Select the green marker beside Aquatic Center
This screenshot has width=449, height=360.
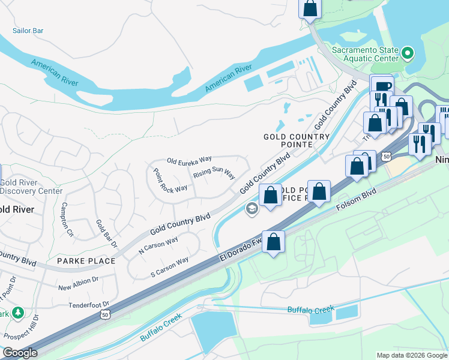point(408,54)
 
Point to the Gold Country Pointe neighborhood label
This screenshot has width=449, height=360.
point(297,140)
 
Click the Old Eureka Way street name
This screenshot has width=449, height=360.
point(190,160)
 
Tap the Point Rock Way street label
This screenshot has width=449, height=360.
point(170,179)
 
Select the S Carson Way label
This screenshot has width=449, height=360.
point(170,268)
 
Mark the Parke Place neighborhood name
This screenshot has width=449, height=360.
point(86,261)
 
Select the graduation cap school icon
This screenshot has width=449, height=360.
point(252,209)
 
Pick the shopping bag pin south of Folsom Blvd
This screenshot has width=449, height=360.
point(273,242)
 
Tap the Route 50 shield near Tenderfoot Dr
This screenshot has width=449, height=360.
point(106,314)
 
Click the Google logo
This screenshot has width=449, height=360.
point(20,353)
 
